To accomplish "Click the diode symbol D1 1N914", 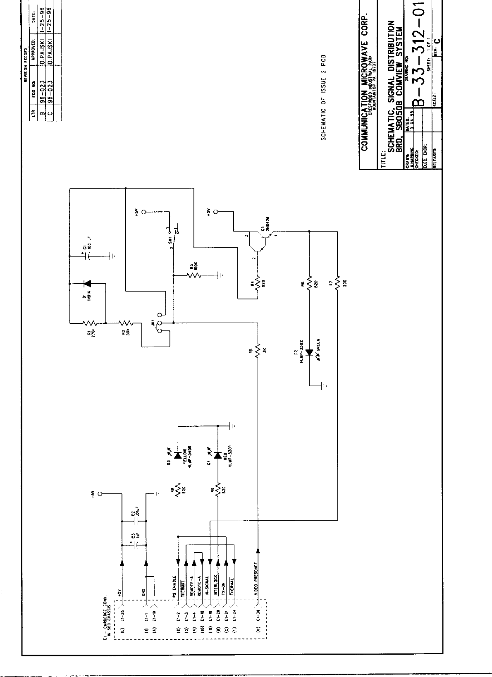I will click(x=87, y=284).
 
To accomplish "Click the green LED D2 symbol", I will click(x=309, y=352).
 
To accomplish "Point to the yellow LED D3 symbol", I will click(x=178, y=455).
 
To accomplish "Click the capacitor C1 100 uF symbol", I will click(x=87, y=256).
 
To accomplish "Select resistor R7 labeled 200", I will click(x=337, y=283).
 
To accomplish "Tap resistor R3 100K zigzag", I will click(x=193, y=275).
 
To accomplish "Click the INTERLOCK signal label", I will click(x=216, y=584).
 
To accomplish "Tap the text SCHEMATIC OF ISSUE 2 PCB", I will click(x=324, y=97).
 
